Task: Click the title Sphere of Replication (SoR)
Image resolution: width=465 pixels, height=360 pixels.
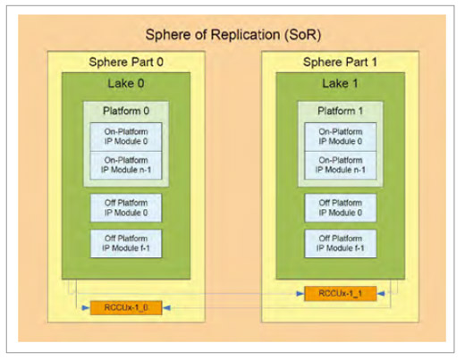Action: (x=233, y=35)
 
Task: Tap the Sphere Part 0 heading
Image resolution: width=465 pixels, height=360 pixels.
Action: (x=126, y=62)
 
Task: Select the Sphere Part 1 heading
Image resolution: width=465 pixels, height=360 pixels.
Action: (x=340, y=62)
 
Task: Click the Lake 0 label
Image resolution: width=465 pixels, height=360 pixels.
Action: (x=126, y=83)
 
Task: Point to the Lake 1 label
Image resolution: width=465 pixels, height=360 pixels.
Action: (x=340, y=83)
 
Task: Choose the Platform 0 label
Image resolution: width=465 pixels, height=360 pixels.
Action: (x=126, y=111)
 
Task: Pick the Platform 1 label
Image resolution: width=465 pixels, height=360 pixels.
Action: (x=341, y=111)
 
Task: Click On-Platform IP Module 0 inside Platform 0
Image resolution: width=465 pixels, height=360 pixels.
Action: (x=126, y=137)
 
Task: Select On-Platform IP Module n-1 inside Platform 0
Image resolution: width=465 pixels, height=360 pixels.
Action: (x=126, y=165)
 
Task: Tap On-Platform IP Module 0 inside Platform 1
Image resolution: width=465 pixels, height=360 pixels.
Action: (x=341, y=137)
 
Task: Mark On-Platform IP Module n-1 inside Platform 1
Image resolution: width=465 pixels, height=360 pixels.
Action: (x=341, y=165)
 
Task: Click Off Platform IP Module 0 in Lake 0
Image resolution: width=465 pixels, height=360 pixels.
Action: (x=126, y=208)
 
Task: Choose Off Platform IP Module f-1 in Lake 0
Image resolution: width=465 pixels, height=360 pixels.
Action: (x=126, y=244)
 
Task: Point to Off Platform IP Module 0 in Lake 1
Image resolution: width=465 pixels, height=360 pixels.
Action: (x=341, y=208)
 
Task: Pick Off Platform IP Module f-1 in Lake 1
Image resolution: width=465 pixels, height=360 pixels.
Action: (x=341, y=244)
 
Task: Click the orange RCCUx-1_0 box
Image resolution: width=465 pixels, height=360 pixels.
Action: (x=126, y=307)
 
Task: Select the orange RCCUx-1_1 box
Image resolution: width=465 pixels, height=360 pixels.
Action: (x=341, y=294)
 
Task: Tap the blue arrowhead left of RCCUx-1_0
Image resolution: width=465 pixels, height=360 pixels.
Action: (x=86, y=307)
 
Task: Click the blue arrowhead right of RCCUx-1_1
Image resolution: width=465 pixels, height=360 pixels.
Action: (x=381, y=294)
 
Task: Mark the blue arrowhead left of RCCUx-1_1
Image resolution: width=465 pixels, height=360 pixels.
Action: (x=300, y=294)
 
